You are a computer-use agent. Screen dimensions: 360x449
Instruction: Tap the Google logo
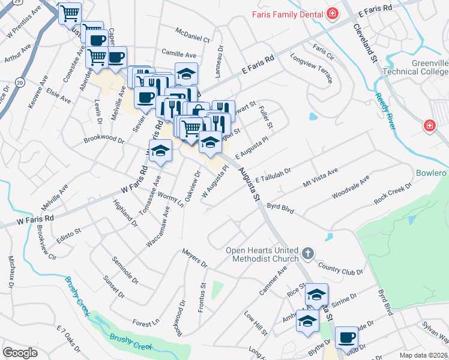click(x=20, y=352)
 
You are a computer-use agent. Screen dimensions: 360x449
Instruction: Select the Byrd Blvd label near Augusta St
click(x=280, y=207)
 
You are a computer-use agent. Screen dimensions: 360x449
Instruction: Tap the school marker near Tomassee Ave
click(x=160, y=151)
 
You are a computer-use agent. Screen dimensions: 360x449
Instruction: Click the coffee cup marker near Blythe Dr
click(x=346, y=337)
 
